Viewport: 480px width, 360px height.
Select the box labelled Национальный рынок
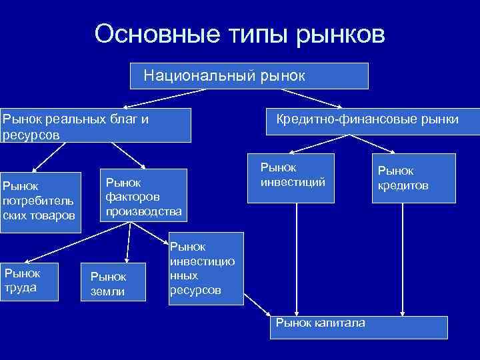point(249,76)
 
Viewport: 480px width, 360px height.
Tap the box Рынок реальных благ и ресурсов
point(95,125)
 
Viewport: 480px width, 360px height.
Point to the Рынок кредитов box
point(413,178)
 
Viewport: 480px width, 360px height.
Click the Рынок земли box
point(111,284)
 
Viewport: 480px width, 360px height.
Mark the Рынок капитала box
point(357,327)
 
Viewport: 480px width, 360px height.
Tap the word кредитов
point(403,185)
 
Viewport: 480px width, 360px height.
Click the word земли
point(107,292)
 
